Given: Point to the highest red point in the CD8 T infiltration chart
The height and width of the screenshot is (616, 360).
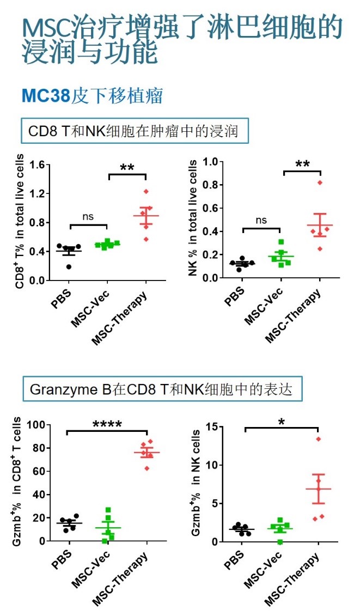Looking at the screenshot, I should coord(146,191).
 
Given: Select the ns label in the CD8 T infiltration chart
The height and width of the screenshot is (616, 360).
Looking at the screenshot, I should coord(88,216).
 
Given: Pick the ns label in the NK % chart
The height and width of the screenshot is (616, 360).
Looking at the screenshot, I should coord(261,219).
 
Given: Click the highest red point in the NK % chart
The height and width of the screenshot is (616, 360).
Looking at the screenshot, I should coord(320,182).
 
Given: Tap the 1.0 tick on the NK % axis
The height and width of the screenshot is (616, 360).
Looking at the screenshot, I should coord(211,162).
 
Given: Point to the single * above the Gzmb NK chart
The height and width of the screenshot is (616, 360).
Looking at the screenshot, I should coord(281,422).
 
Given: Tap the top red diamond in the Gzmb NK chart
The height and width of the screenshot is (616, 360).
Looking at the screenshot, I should coord(319,439).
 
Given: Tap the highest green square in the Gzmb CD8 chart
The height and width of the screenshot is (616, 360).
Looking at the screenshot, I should coord(108,510).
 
